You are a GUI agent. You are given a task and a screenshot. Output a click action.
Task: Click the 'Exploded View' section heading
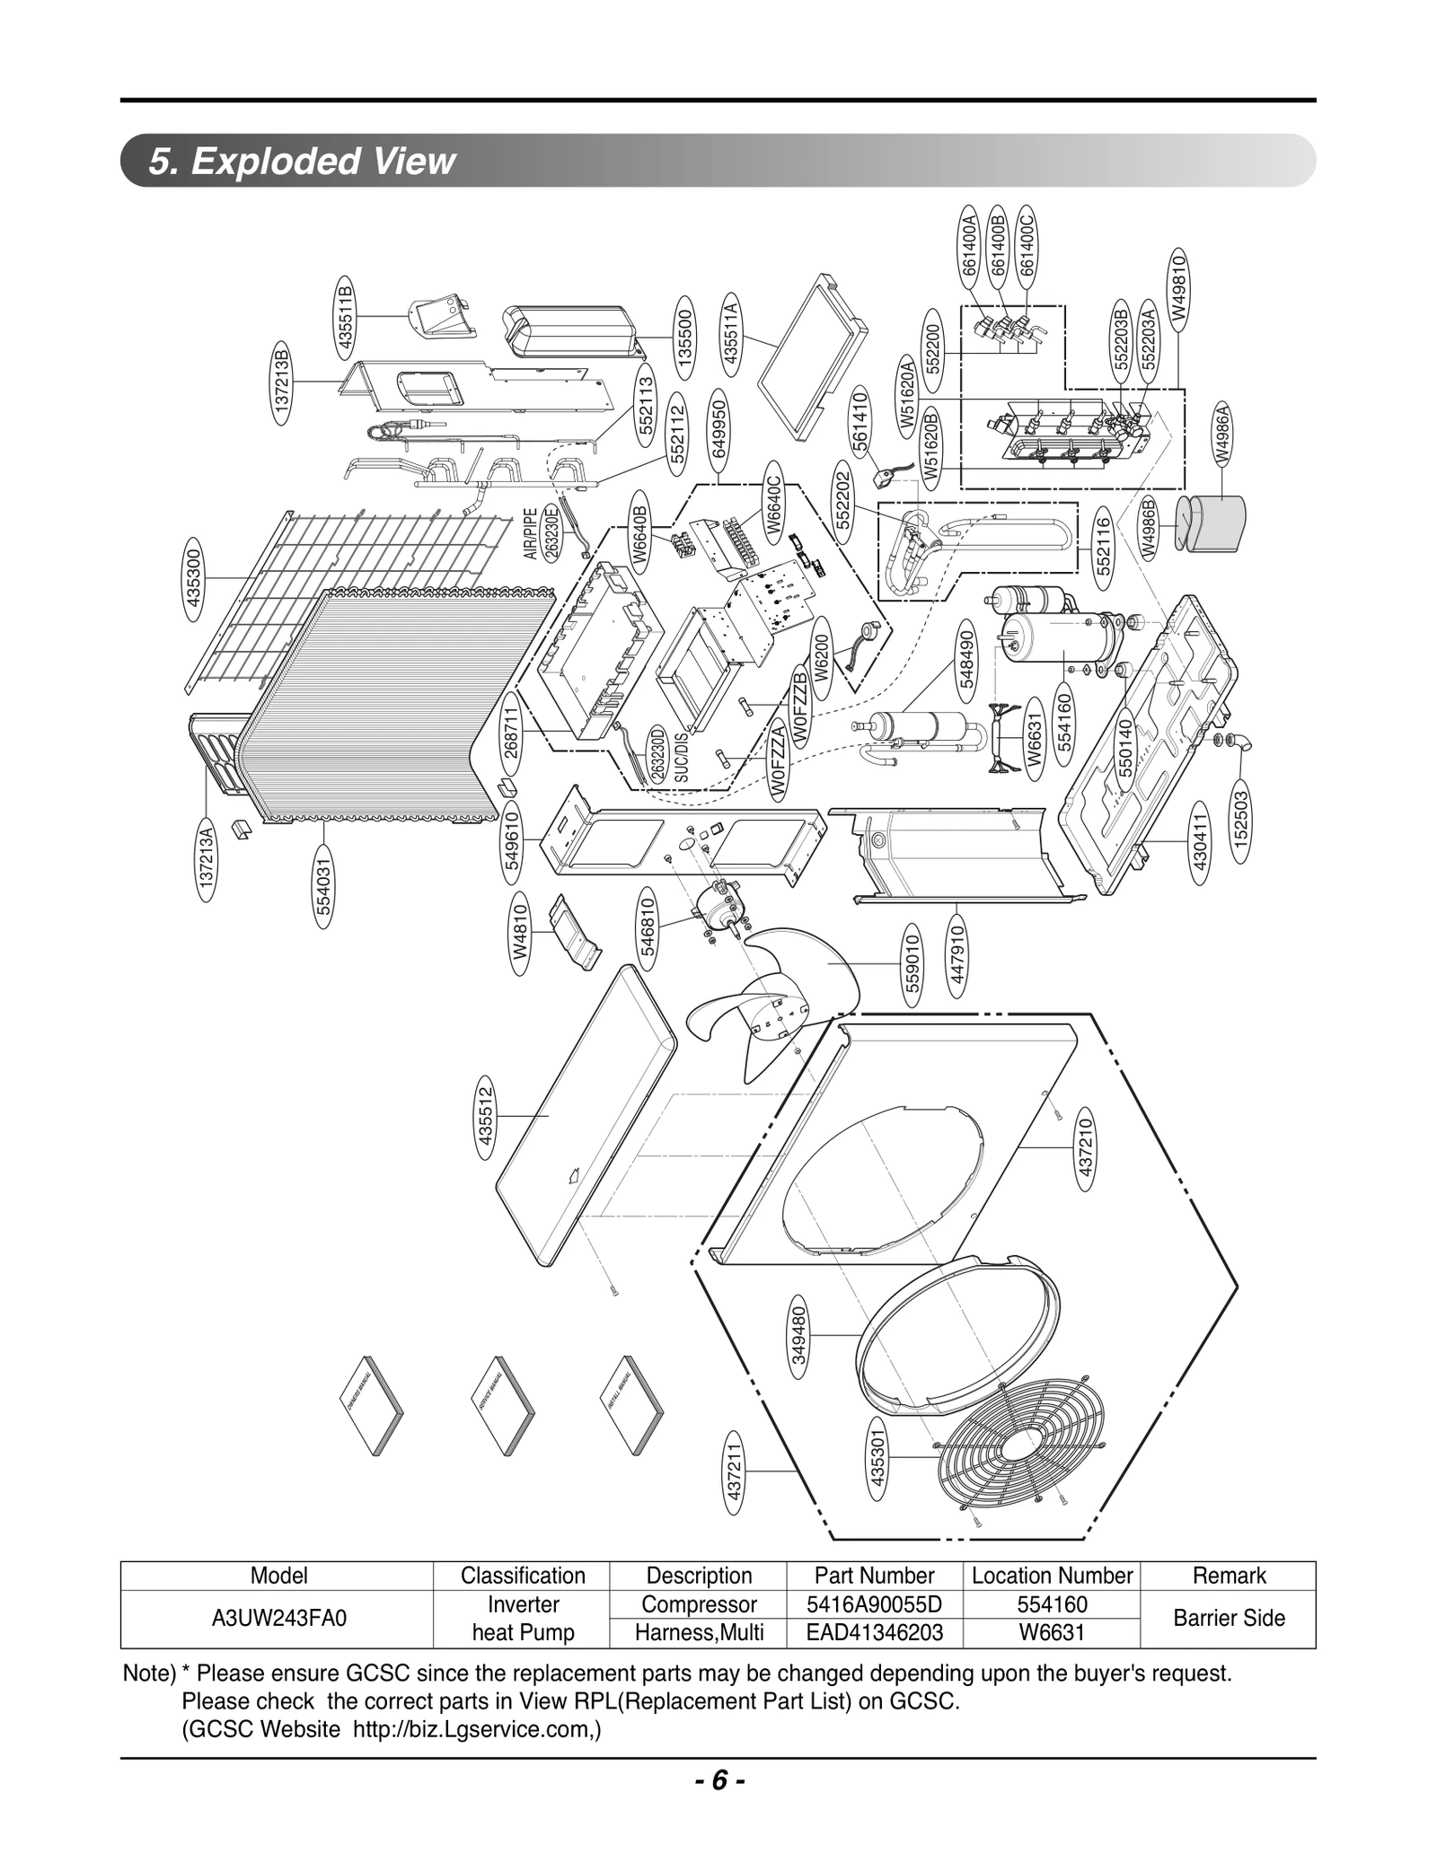pyautogui.click(x=303, y=162)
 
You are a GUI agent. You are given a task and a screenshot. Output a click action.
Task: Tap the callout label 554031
pyautogui.click(x=324, y=886)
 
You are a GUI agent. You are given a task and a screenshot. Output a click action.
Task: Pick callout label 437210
pyautogui.click(x=1085, y=1148)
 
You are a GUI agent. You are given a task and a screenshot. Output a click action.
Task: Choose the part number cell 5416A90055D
pyautogui.click(x=874, y=1604)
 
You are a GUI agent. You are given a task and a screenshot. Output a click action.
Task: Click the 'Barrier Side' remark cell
pyautogui.click(x=1228, y=1618)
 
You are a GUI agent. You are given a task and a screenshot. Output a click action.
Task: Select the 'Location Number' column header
pyautogui.click(x=1052, y=1576)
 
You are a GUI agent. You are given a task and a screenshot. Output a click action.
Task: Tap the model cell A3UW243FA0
pyautogui.click(x=278, y=1618)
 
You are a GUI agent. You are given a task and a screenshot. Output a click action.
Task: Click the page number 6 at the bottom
pyautogui.click(x=718, y=1780)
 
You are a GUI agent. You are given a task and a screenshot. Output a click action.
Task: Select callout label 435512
pyautogui.click(x=486, y=1117)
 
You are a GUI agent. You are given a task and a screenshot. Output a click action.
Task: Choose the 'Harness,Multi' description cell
pyautogui.click(x=699, y=1633)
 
